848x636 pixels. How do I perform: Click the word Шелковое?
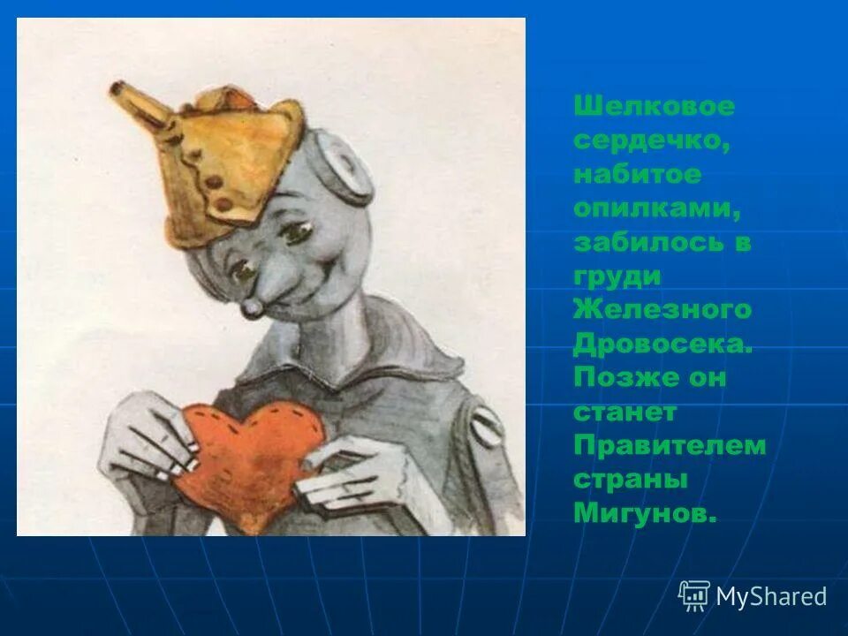click(x=654, y=107)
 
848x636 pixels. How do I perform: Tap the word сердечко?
click(x=651, y=140)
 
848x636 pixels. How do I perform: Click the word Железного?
click(x=662, y=310)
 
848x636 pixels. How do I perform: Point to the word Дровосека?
click(x=663, y=344)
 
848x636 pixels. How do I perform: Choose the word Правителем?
click(x=670, y=445)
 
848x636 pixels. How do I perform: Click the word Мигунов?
click(x=644, y=513)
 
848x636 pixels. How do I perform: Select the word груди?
click(x=617, y=276)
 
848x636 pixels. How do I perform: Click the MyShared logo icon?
click(x=694, y=596)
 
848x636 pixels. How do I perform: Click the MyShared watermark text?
click(x=771, y=597)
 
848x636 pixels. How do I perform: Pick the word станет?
click(x=625, y=412)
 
